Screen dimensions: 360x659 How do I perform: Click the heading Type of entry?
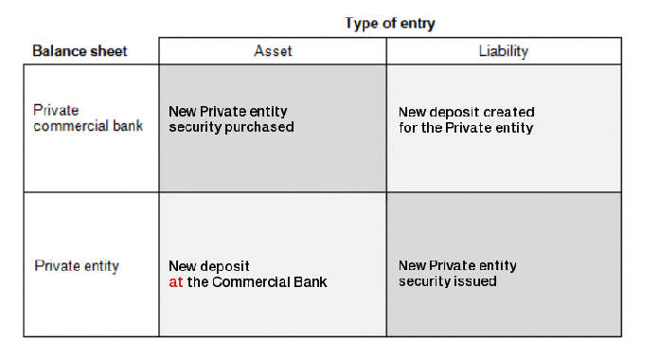click(390, 22)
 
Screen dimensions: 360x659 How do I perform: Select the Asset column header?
click(273, 50)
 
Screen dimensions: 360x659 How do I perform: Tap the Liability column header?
click(504, 50)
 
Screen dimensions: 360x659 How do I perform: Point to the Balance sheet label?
click(80, 50)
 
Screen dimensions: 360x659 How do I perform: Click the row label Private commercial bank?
click(88, 117)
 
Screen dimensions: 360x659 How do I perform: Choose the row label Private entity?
click(77, 266)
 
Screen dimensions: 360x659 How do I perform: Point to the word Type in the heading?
click(360, 22)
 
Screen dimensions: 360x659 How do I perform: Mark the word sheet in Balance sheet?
click(109, 50)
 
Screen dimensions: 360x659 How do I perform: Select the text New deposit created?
click(467, 112)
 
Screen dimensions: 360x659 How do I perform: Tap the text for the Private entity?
click(466, 127)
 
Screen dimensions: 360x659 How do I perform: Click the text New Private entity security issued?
click(458, 273)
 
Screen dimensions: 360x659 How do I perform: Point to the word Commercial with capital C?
click(252, 281)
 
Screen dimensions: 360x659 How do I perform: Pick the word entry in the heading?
click(418, 22)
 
